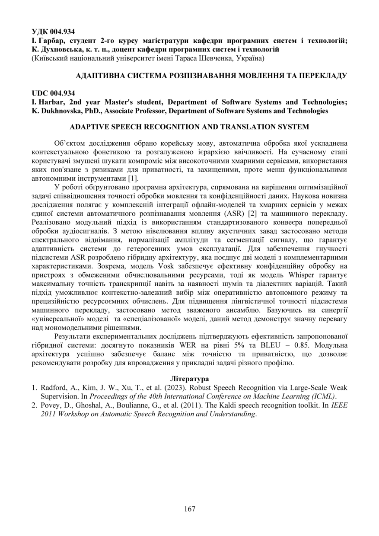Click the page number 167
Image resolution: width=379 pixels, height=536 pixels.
coord(189,509)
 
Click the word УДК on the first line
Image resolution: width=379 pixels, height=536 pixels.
coord(40,32)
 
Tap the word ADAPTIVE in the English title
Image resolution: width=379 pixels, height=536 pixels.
coord(88,127)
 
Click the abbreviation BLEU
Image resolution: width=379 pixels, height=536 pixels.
coord(251,346)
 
